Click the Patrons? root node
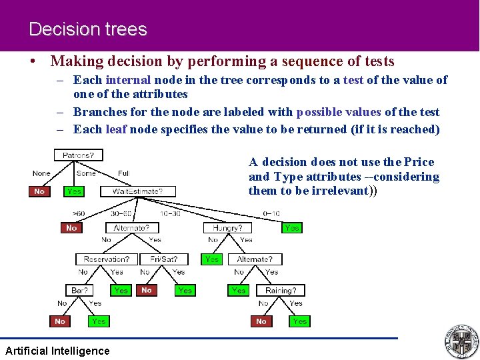click(x=78, y=155)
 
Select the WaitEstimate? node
click(x=137, y=191)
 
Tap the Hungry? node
click(x=227, y=227)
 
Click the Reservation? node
click(x=107, y=259)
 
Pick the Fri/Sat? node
click(x=164, y=259)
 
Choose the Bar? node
click(x=79, y=290)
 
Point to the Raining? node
click(x=281, y=290)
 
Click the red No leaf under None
click(x=39, y=191)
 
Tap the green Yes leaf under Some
click(x=74, y=191)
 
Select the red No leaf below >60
click(x=71, y=227)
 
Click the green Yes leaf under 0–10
click(x=291, y=227)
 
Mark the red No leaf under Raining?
click(x=261, y=321)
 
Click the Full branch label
click(x=123, y=173)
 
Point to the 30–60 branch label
click(x=121, y=213)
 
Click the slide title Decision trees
click(x=87, y=29)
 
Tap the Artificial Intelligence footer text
click(x=57, y=351)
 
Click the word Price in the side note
click(x=418, y=162)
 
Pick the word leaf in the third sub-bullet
click(x=116, y=129)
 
